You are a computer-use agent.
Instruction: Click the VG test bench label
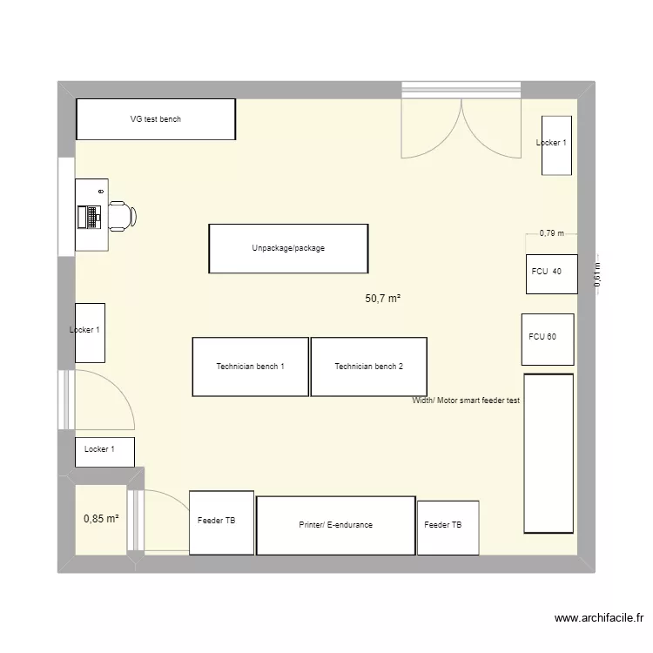(x=156, y=119)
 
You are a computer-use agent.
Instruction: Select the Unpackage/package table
(x=288, y=248)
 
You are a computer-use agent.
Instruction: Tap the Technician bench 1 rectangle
(x=250, y=367)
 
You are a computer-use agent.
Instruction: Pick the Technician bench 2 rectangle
(x=368, y=367)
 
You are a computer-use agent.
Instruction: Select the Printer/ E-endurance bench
(x=336, y=525)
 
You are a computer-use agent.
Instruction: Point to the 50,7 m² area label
(x=382, y=299)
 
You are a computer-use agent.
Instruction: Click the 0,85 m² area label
(x=101, y=520)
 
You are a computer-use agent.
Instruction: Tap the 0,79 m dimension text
(x=551, y=232)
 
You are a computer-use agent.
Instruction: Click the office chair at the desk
(x=121, y=215)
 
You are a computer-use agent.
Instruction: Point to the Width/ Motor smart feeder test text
(x=466, y=401)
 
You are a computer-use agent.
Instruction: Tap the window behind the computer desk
(x=66, y=206)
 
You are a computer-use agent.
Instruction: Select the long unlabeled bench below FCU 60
(x=549, y=453)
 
